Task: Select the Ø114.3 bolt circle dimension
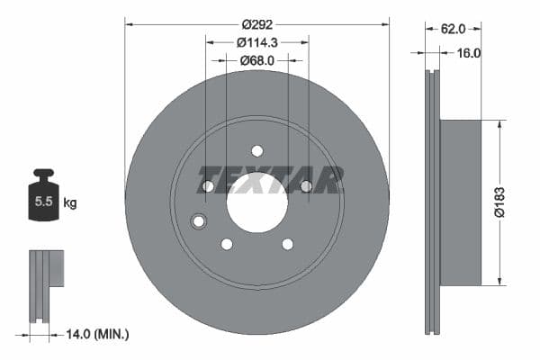click(256, 41)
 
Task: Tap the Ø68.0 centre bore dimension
click(256, 60)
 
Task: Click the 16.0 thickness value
click(469, 53)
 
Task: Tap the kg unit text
click(69, 202)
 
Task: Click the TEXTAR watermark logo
click(270, 180)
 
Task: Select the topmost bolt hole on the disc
click(256, 150)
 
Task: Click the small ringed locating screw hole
click(199, 221)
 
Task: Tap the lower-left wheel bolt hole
click(227, 244)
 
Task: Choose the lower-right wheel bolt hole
click(287, 244)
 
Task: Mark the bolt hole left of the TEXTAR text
click(208, 186)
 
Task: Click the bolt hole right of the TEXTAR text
click(306, 186)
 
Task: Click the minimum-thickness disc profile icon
click(46, 284)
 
